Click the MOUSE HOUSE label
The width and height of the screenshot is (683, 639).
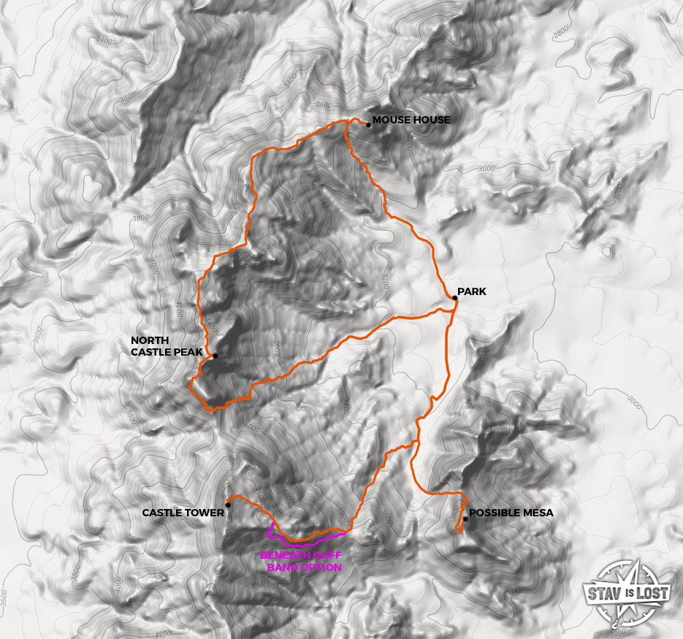tap(411, 120)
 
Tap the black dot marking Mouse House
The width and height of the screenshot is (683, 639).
tap(369, 125)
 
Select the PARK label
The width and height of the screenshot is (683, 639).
tap(471, 292)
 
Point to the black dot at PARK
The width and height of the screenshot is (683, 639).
tap(454, 298)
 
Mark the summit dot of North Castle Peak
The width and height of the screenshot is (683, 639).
tap(215, 356)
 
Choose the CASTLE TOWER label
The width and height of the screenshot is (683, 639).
tap(183, 513)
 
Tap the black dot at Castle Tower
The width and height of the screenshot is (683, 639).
tap(229, 505)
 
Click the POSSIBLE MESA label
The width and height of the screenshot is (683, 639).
tap(511, 513)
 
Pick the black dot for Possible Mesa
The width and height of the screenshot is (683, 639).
tap(465, 519)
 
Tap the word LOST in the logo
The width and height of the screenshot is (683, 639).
tap(652, 593)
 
